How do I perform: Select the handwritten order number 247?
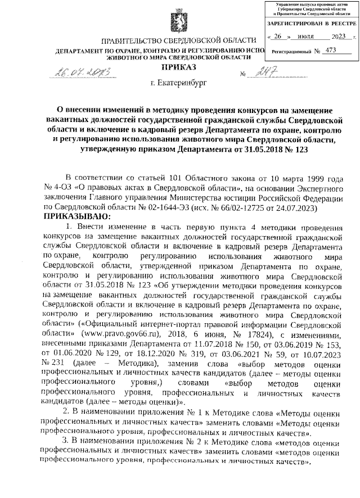point(263,73)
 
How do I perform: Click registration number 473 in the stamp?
point(331,50)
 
